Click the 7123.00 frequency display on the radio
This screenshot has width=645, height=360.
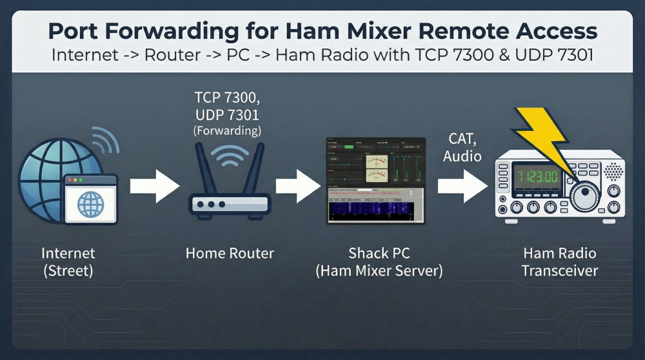click(535, 175)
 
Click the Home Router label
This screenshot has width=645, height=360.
click(230, 254)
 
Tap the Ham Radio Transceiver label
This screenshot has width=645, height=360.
click(559, 261)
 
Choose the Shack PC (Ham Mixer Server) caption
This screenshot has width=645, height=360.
click(379, 261)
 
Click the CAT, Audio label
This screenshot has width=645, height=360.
click(462, 147)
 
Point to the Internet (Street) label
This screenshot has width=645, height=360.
click(68, 261)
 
